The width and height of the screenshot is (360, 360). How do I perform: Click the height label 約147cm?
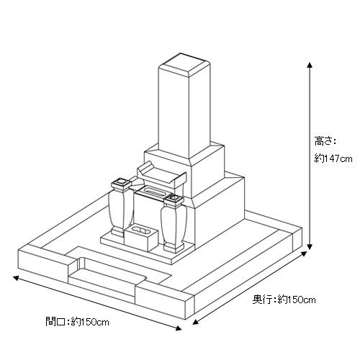point(333,159)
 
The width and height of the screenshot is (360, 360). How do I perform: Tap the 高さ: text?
point(325,141)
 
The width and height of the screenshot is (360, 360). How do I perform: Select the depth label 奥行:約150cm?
point(284,300)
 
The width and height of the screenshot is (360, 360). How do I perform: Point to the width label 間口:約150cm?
point(77,322)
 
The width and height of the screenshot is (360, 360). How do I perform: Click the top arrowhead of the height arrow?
point(310,65)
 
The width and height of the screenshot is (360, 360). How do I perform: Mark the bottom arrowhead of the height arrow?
point(310,247)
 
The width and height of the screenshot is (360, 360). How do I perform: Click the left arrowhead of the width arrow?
point(16,278)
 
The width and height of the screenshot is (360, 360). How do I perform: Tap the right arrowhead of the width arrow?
point(179,328)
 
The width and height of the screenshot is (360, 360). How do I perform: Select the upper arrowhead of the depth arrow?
point(304,253)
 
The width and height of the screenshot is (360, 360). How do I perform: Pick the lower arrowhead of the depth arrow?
point(196,322)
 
